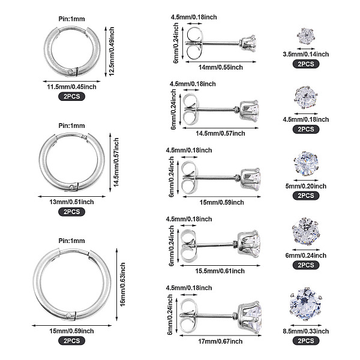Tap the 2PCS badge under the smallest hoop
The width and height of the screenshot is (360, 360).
pos(72,95)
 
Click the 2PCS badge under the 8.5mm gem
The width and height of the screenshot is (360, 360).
pos(305,340)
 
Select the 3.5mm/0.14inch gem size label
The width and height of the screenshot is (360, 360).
pos(305,54)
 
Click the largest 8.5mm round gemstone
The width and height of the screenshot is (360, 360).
pos(305,304)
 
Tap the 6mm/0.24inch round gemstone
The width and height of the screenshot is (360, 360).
pos(305,230)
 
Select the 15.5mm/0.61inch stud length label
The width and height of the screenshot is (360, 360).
pos(214,270)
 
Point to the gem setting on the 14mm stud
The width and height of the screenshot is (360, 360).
pos(247,43)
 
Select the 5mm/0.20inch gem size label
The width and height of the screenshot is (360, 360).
pos(305,186)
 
